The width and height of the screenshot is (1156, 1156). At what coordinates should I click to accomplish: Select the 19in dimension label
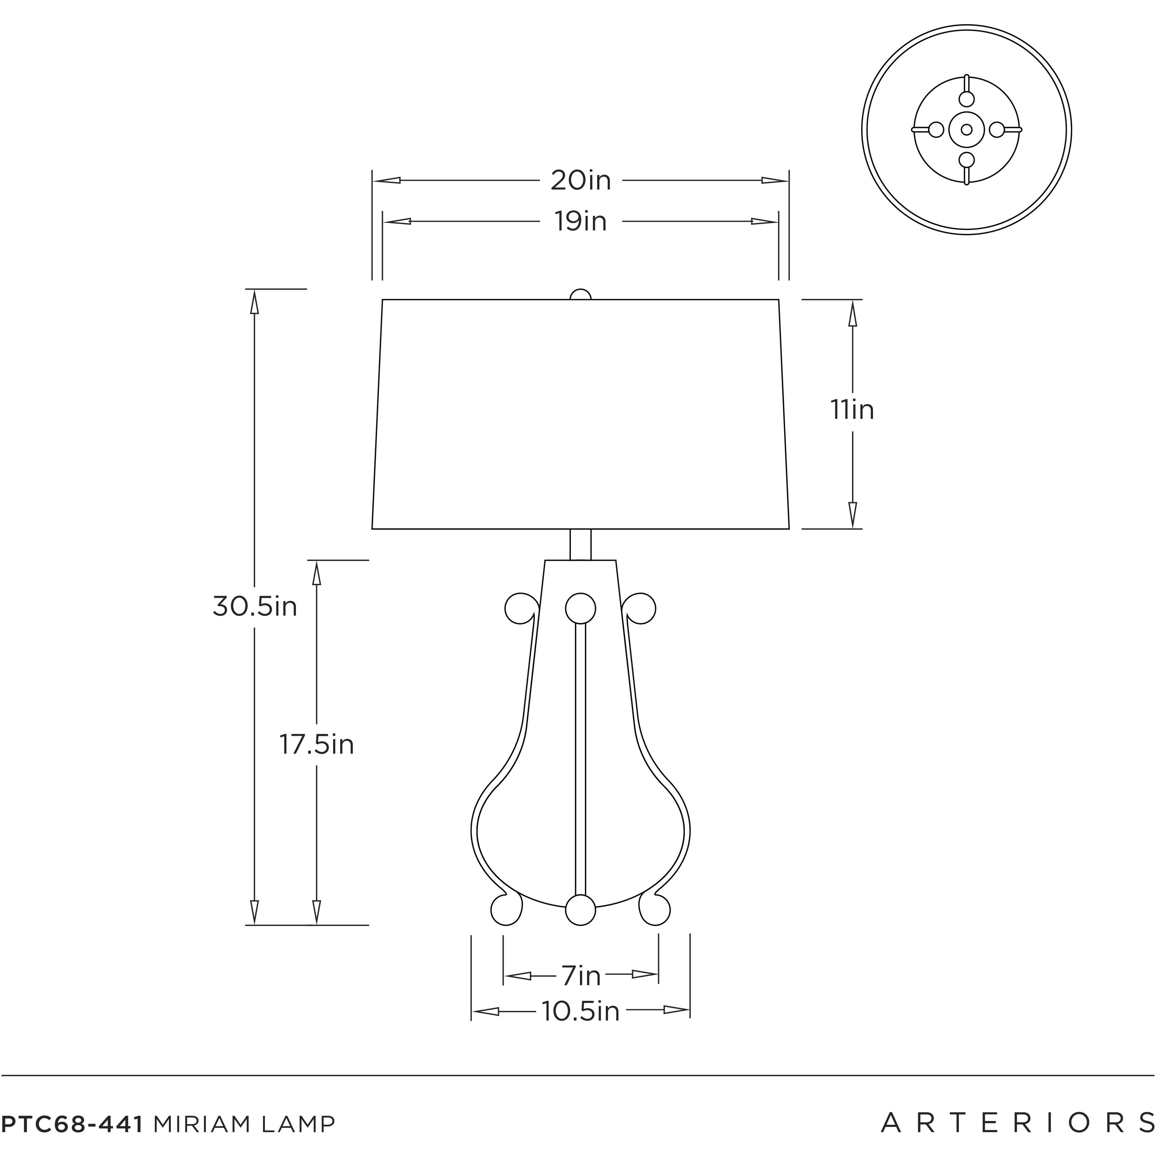point(581,221)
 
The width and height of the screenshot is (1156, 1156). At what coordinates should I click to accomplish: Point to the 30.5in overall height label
point(255,607)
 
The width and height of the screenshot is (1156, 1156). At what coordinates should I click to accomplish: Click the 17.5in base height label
point(317,745)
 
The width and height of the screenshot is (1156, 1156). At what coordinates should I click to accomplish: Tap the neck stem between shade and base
point(581,545)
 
